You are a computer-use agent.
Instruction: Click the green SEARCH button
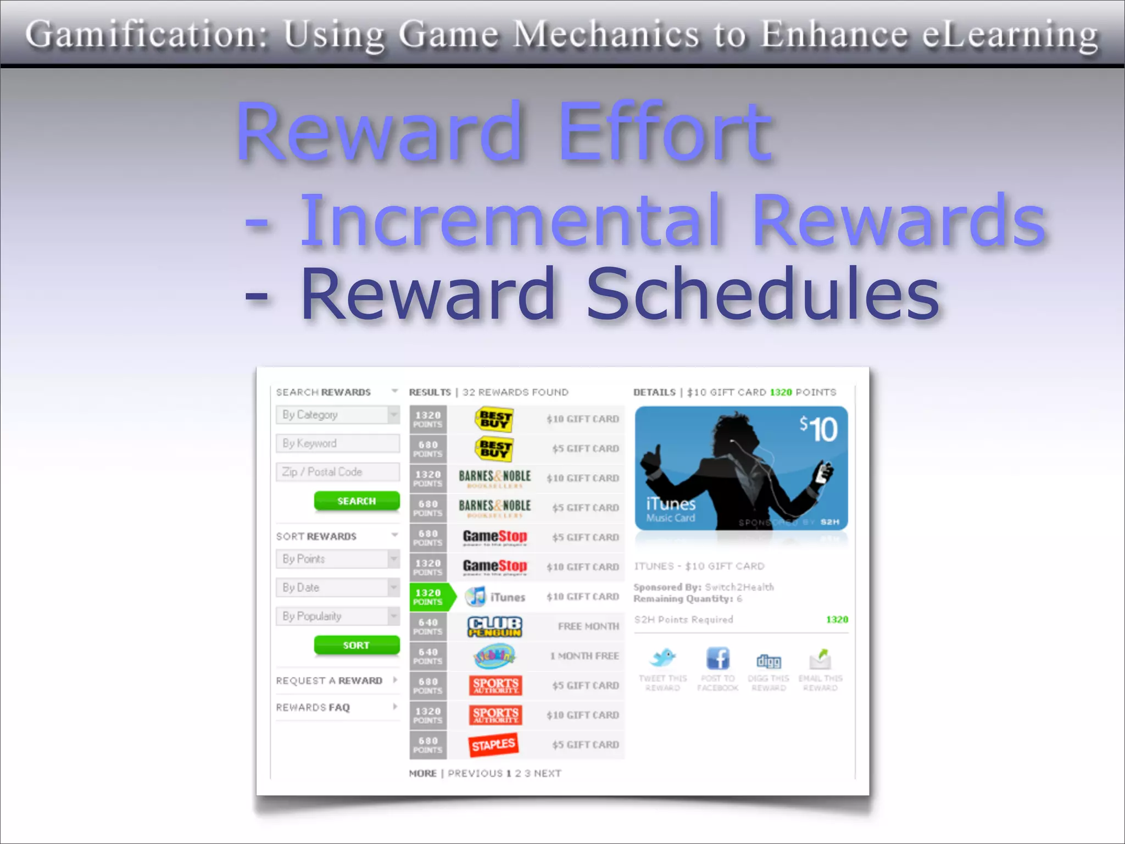pyautogui.click(x=357, y=501)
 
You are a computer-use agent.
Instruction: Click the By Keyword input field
pyautogui.click(x=337, y=443)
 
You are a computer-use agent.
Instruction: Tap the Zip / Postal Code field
pyautogui.click(x=337, y=472)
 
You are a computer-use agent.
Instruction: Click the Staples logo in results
pyautogui.click(x=494, y=745)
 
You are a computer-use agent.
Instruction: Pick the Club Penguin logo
pyautogui.click(x=494, y=626)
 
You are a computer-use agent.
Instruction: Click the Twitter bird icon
pyautogui.click(x=662, y=657)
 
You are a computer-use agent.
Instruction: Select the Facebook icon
pyautogui.click(x=717, y=658)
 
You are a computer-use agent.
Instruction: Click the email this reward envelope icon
pyautogui.click(x=820, y=658)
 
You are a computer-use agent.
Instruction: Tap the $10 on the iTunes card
pyautogui.click(x=818, y=429)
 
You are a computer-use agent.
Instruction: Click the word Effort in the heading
pyautogui.click(x=665, y=132)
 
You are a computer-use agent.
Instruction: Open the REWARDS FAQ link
pyautogui.click(x=313, y=707)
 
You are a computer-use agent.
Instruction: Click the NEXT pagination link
pyautogui.click(x=547, y=773)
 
